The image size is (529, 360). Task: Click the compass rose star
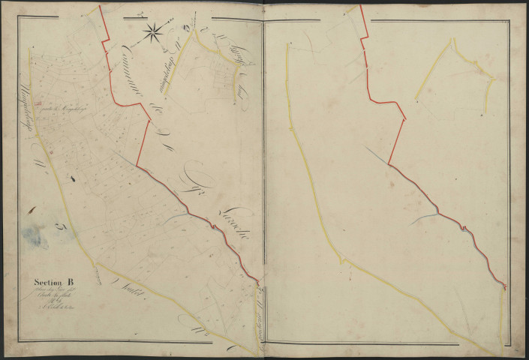coord(152,31)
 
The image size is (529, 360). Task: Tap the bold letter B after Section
coord(72,283)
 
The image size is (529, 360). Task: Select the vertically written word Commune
coord(127,64)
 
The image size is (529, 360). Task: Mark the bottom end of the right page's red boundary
coord(505,287)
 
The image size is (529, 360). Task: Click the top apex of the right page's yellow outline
coord(452,40)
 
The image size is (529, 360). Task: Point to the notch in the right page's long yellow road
coord(342,260)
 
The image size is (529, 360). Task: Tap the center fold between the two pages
coord(263,180)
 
